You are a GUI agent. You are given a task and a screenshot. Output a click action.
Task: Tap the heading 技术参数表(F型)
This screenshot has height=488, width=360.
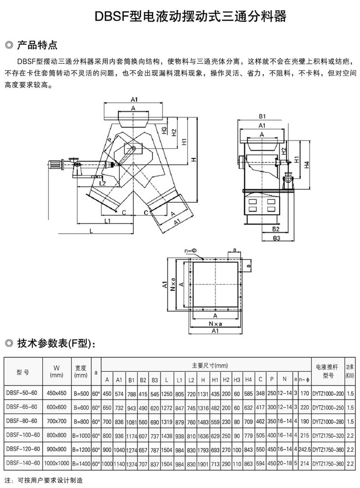point(55,343)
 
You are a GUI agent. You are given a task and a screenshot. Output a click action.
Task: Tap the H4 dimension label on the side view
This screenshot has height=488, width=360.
point(307,165)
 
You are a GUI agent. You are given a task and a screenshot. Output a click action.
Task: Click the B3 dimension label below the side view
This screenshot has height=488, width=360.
point(276,238)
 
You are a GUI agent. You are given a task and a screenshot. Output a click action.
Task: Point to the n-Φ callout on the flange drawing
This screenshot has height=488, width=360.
point(190,250)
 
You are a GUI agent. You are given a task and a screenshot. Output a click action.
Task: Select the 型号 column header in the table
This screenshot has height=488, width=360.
point(23,373)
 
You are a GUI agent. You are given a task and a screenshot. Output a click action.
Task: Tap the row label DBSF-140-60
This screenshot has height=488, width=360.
point(23,464)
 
